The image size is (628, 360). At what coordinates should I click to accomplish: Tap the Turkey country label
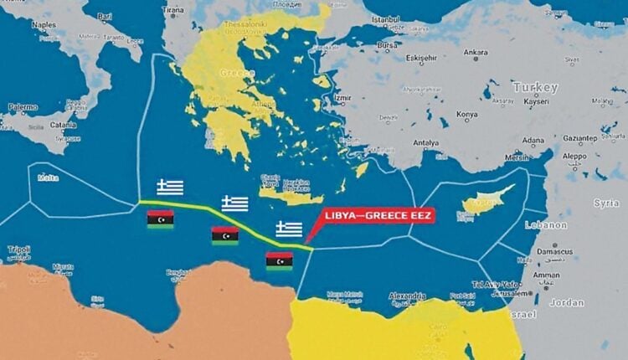(x=536, y=87)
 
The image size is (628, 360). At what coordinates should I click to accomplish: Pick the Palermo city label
(x=23, y=107)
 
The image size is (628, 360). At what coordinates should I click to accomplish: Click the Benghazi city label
(x=178, y=272)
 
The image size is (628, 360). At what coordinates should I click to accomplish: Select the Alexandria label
(x=409, y=296)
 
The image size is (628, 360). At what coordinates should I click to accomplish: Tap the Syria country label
(x=606, y=203)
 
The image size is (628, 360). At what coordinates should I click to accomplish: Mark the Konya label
(x=467, y=115)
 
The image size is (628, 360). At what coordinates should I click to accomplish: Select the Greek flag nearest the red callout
(x=289, y=229)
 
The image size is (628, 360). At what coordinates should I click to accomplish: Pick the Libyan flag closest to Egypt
(x=279, y=261)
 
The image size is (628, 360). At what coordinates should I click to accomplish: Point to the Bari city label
(x=105, y=16)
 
